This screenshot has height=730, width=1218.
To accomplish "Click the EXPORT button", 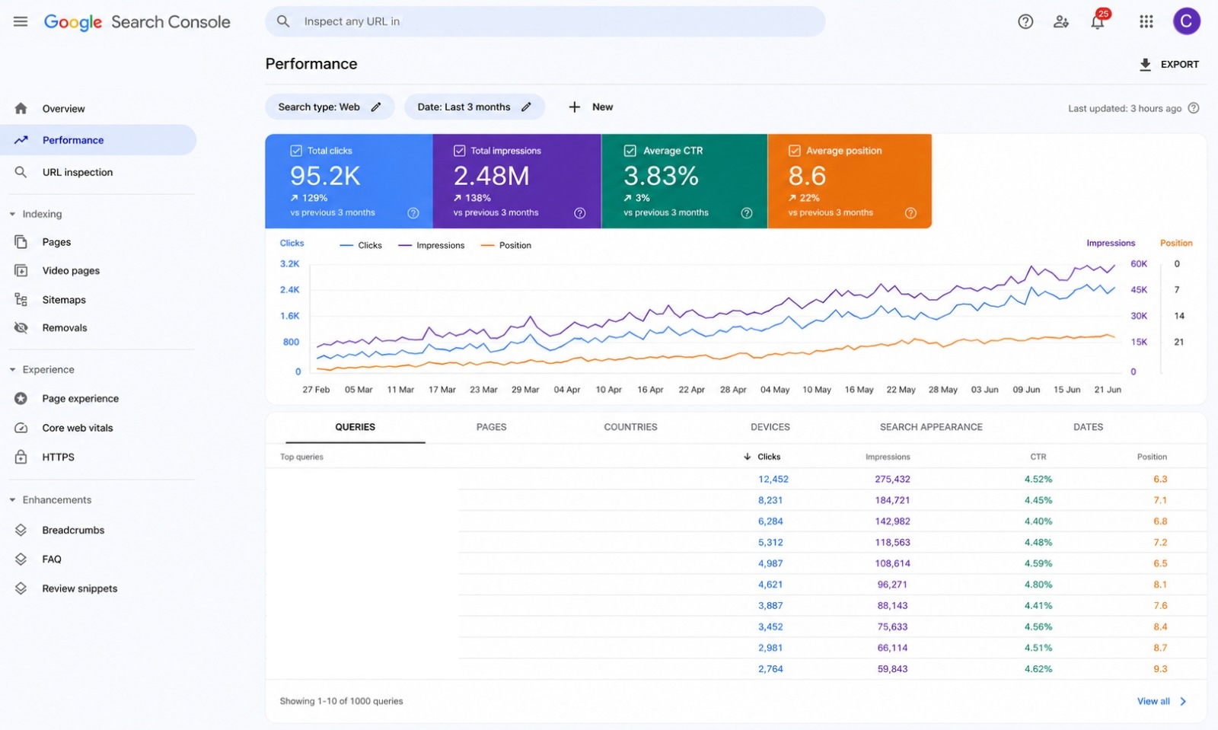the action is [1169, 64].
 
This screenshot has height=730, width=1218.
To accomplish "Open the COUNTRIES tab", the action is [630, 427].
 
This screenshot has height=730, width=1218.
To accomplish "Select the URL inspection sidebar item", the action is [77, 172].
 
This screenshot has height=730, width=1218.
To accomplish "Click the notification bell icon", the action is [1097, 22].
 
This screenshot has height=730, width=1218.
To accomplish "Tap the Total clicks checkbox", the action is [296, 151].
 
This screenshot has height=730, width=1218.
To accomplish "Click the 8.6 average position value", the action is [807, 176].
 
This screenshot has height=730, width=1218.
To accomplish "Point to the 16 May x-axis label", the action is [859, 390].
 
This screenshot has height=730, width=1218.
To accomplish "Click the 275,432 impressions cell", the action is [892, 479].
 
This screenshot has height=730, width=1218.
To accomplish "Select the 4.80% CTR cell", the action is [1038, 585].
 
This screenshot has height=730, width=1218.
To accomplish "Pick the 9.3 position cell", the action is [1160, 668].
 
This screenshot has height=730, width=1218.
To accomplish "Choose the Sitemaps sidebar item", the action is [64, 299].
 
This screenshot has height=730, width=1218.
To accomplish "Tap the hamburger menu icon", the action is [21, 22].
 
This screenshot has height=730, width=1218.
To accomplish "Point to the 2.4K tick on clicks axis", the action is [289, 290].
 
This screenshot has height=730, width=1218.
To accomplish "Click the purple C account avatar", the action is [1186, 22].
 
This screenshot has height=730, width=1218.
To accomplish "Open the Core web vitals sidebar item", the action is [77, 428].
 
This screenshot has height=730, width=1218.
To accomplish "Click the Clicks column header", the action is [768, 457].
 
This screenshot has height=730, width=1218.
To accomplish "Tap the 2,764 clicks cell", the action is [770, 668].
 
